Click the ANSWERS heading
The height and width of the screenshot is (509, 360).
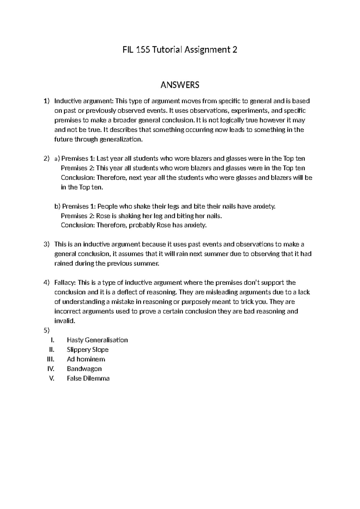(180, 85)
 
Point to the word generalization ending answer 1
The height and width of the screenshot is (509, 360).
(121, 140)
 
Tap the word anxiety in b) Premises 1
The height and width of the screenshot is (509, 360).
(264, 206)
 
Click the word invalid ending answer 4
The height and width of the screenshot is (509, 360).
(64, 321)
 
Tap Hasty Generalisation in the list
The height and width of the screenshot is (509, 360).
(97, 340)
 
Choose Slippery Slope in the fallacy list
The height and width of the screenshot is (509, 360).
(88, 350)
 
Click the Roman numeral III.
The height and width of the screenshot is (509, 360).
(50, 359)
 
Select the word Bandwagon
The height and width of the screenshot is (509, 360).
(84, 369)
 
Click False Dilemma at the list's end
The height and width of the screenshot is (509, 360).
(88, 378)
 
